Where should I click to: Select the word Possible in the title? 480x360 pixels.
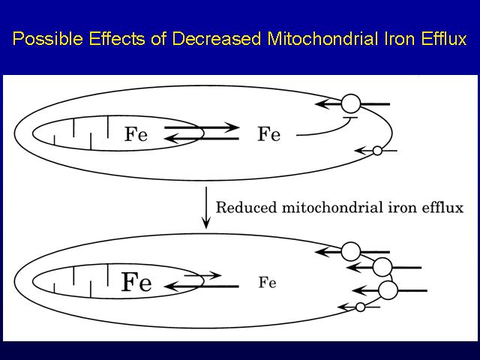(48, 39)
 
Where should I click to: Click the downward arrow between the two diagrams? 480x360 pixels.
(206, 208)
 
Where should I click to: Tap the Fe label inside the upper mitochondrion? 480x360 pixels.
(136, 134)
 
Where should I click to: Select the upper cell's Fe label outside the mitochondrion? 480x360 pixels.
(268, 134)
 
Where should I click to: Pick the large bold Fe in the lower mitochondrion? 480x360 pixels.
(136, 282)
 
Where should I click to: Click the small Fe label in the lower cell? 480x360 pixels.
(267, 282)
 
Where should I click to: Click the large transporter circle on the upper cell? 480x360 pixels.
(351, 103)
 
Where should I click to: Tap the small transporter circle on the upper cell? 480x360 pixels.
(377, 151)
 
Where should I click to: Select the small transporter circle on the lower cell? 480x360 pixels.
(360, 307)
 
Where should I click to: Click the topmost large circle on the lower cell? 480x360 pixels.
(351, 252)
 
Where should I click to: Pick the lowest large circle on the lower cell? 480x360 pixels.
(388, 290)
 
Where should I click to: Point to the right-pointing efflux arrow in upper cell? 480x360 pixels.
(202, 127)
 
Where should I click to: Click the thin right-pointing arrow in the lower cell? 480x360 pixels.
(202, 275)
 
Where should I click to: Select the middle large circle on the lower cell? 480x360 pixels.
(382, 267)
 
